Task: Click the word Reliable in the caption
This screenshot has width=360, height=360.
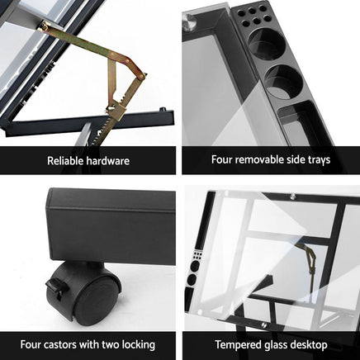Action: [x=65, y=160]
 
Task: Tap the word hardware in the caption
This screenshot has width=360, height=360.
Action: [x=108, y=160]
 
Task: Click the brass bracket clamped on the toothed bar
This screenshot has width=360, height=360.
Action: [x=116, y=110]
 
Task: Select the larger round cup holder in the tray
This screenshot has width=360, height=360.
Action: [x=267, y=43]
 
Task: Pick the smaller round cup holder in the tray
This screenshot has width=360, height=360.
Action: [x=283, y=82]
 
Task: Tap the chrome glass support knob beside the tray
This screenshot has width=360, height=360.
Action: [x=189, y=21]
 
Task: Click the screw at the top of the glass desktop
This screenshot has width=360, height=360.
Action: [x=292, y=197]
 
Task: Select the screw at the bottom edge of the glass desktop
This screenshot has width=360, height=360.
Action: [x=264, y=325]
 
